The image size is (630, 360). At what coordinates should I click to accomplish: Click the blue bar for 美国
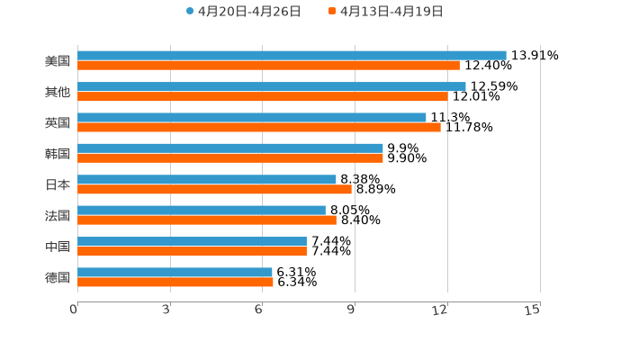click(292, 55)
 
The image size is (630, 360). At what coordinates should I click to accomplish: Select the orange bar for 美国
click(268, 66)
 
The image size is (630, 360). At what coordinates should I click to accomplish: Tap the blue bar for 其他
click(272, 86)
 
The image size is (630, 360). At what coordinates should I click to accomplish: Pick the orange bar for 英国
click(259, 127)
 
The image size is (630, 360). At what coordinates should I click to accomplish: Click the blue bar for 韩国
click(230, 148)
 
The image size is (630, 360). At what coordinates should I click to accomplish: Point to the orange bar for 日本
click(214, 189)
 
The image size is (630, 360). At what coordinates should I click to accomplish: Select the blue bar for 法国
click(202, 210)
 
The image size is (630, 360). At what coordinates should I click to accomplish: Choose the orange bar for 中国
click(192, 251)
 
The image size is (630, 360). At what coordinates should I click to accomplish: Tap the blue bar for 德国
click(175, 272)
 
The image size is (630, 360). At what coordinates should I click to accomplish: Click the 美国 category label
click(58, 61)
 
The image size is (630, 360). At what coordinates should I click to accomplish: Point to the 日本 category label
click(58, 184)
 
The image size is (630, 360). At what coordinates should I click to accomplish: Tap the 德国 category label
click(58, 277)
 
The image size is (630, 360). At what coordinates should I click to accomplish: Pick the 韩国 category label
click(58, 154)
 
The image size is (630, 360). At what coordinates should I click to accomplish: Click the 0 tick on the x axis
click(74, 310)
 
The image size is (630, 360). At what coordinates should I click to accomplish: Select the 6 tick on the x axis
click(258, 310)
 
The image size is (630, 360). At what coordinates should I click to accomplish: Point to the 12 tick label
click(440, 310)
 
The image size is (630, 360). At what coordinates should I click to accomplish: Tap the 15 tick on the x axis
click(533, 310)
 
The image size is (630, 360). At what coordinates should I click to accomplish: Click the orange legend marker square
click(332, 12)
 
